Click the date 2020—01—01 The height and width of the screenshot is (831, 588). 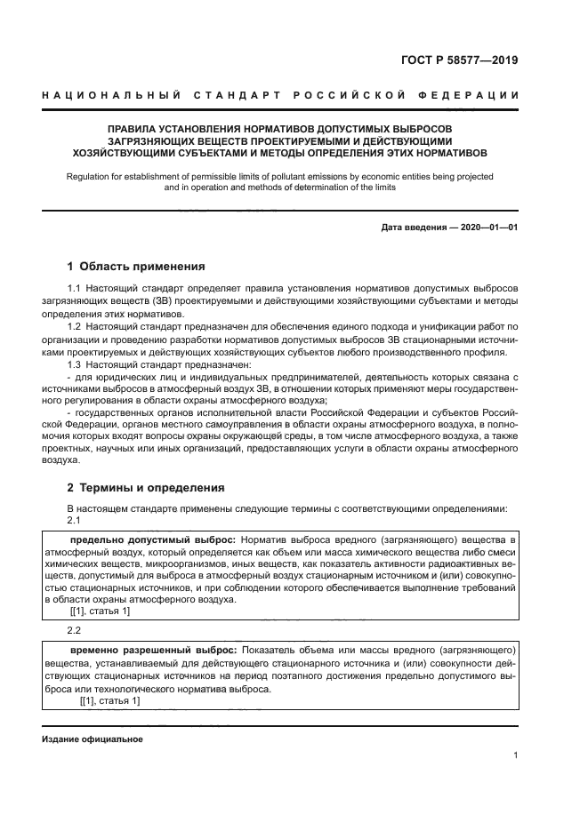pyautogui.click(x=487, y=228)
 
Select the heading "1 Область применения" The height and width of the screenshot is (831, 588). pyautogui.click(x=136, y=267)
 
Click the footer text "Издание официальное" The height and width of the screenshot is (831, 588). pyautogui.click(x=92, y=739)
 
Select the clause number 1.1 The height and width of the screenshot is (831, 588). pyautogui.click(x=76, y=290)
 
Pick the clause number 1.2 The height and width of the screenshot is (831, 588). pyautogui.click(x=76, y=328)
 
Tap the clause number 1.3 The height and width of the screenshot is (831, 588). pyautogui.click(x=76, y=365)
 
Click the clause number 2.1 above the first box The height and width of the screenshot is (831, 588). pyautogui.click(x=76, y=520)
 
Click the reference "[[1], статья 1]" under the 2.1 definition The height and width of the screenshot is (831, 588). pyautogui.click(x=100, y=611)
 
